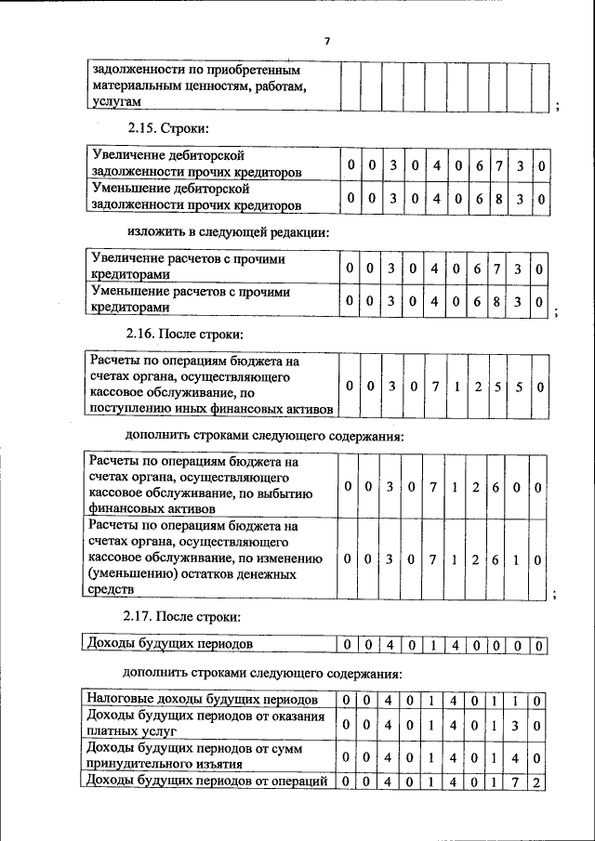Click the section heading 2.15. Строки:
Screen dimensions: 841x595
168,126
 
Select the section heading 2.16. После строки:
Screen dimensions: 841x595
184,333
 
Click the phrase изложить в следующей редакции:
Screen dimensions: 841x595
228,230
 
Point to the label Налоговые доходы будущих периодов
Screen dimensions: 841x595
203,699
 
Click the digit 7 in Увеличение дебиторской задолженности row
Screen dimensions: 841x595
498,165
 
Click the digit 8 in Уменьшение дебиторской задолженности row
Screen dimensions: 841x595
498,198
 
